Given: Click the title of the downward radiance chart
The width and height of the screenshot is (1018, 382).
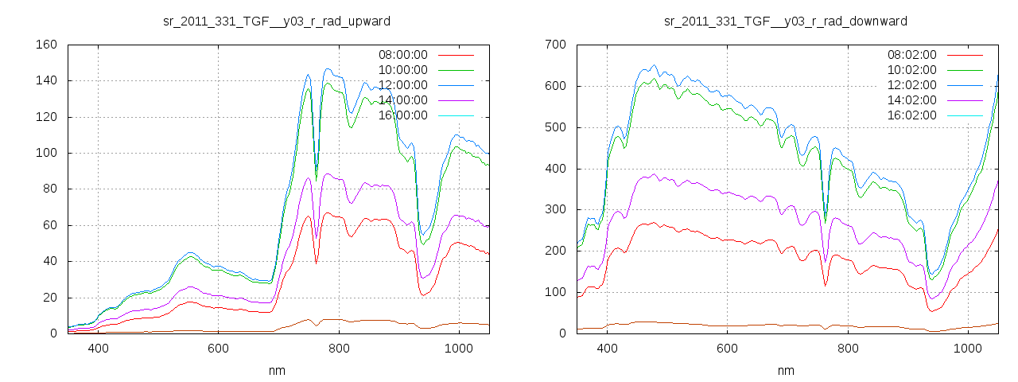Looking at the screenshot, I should (786, 21).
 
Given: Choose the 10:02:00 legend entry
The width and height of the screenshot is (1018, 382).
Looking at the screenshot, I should (911, 70).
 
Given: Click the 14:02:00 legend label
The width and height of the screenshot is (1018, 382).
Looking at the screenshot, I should (911, 100).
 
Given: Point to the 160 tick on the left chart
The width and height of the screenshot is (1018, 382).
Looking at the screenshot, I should (46, 45).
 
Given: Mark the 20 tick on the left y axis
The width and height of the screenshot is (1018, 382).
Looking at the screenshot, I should (49, 298).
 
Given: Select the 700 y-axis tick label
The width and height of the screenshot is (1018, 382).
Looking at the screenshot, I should (555, 45).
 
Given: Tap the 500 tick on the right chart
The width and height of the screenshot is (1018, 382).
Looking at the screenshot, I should (555, 127).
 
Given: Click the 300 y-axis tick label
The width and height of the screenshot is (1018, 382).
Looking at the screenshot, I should (555, 209).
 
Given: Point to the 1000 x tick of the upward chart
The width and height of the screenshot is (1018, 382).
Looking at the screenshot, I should (459, 349).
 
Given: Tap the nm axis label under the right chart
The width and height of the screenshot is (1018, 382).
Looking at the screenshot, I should (786, 371).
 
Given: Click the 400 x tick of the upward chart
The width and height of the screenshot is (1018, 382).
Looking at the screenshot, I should (99, 349).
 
